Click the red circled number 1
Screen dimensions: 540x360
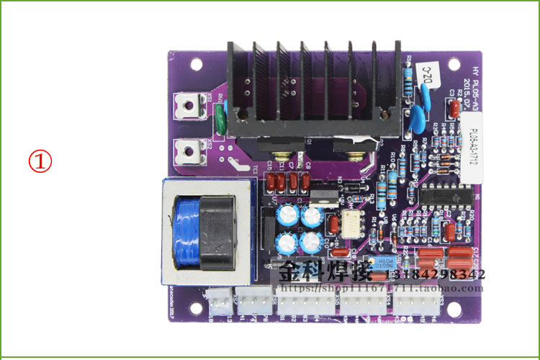(41, 161)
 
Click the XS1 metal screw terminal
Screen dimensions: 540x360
(190, 105)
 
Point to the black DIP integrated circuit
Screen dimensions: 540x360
(446, 196)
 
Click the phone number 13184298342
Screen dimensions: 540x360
(436, 274)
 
